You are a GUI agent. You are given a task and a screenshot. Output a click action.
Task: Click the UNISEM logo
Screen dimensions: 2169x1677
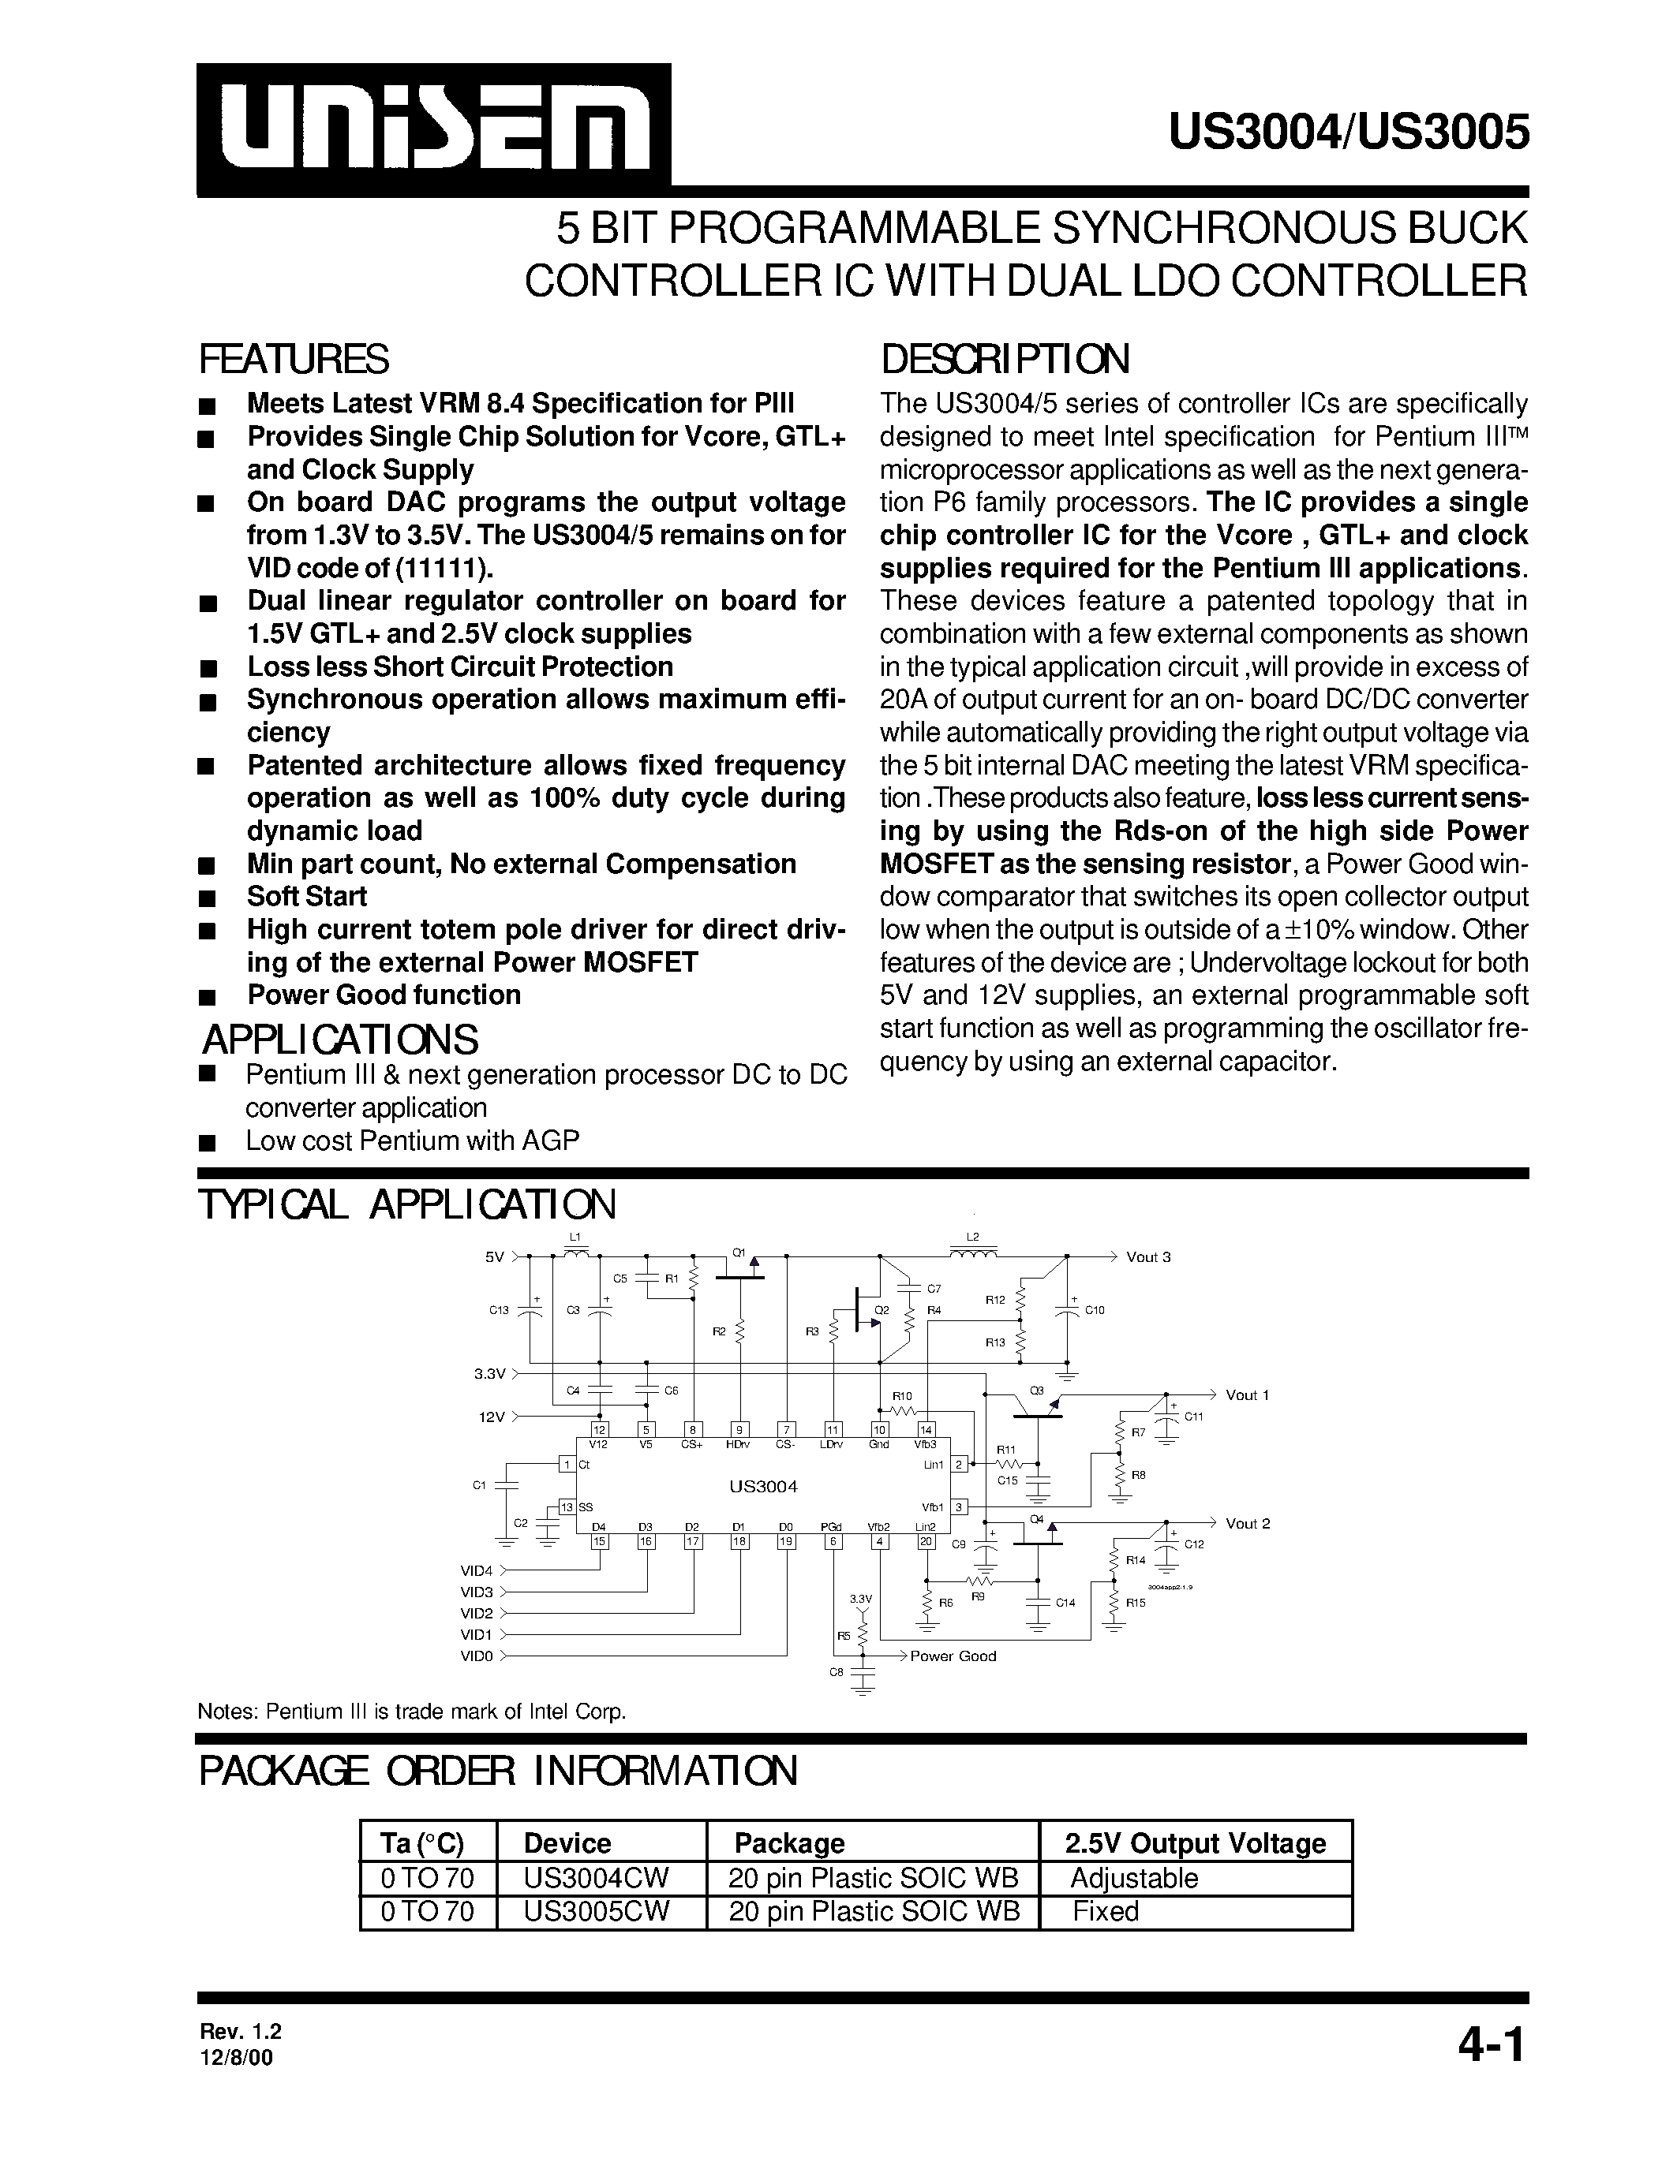[x=433, y=130]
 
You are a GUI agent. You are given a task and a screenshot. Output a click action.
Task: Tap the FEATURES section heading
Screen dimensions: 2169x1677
[x=294, y=359]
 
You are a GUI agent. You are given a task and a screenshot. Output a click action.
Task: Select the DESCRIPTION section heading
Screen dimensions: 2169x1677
[x=1005, y=359]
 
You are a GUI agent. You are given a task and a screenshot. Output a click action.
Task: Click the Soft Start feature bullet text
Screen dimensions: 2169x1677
[x=307, y=896]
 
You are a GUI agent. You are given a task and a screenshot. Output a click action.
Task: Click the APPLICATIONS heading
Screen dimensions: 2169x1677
[x=340, y=1040]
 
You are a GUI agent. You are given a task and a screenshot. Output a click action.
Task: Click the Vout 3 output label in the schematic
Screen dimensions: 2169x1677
[x=1147, y=1256]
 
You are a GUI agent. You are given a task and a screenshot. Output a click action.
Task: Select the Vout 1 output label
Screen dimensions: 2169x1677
[x=1247, y=1394]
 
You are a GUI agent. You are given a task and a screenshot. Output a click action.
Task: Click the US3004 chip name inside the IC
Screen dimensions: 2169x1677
[x=763, y=1487]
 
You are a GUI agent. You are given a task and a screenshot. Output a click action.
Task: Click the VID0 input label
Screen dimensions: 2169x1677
[x=476, y=1656]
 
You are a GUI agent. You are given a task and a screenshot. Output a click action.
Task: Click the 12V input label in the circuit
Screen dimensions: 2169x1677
[x=492, y=1417]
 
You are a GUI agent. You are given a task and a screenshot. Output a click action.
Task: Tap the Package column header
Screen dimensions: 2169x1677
[x=789, y=1842]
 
